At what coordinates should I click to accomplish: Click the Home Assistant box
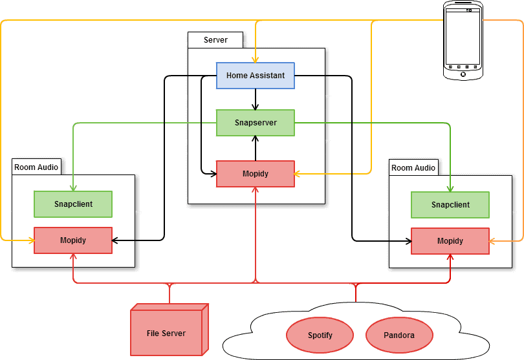pyautogui.click(x=255, y=76)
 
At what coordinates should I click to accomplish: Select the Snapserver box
pyautogui.click(x=255, y=123)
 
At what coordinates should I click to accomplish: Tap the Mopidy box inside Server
pyautogui.click(x=255, y=174)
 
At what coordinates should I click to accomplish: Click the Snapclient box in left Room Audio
pyautogui.click(x=72, y=204)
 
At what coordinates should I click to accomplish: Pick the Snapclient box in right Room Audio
pyautogui.click(x=450, y=205)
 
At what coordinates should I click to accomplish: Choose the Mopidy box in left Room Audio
pyautogui.click(x=72, y=240)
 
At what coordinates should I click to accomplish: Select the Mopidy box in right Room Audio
pyautogui.click(x=450, y=241)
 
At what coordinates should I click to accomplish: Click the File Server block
pyautogui.click(x=166, y=334)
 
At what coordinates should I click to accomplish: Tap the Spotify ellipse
pyautogui.click(x=320, y=335)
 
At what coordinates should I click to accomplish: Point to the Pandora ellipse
pyautogui.click(x=399, y=335)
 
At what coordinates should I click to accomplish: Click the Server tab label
pyautogui.click(x=216, y=40)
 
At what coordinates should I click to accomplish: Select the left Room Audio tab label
pyautogui.click(x=36, y=167)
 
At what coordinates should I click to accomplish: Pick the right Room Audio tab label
pyautogui.click(x=413, y=168)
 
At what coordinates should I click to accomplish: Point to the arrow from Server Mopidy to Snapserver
pyautogui.click(x=256, y=148)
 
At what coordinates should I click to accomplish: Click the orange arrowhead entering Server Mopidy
pyautogui.click(x=299, y=174)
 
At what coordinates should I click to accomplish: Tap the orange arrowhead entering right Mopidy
pyautogui.click(x=493, y=241)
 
